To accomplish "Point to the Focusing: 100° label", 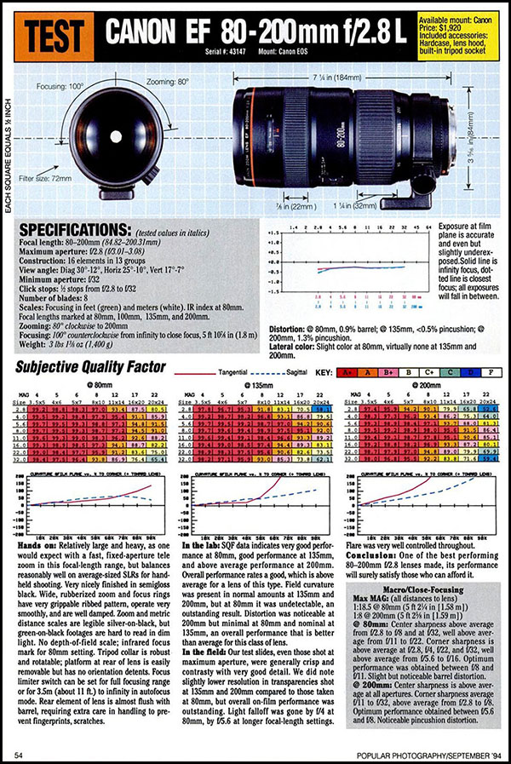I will (x=64, y=86).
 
